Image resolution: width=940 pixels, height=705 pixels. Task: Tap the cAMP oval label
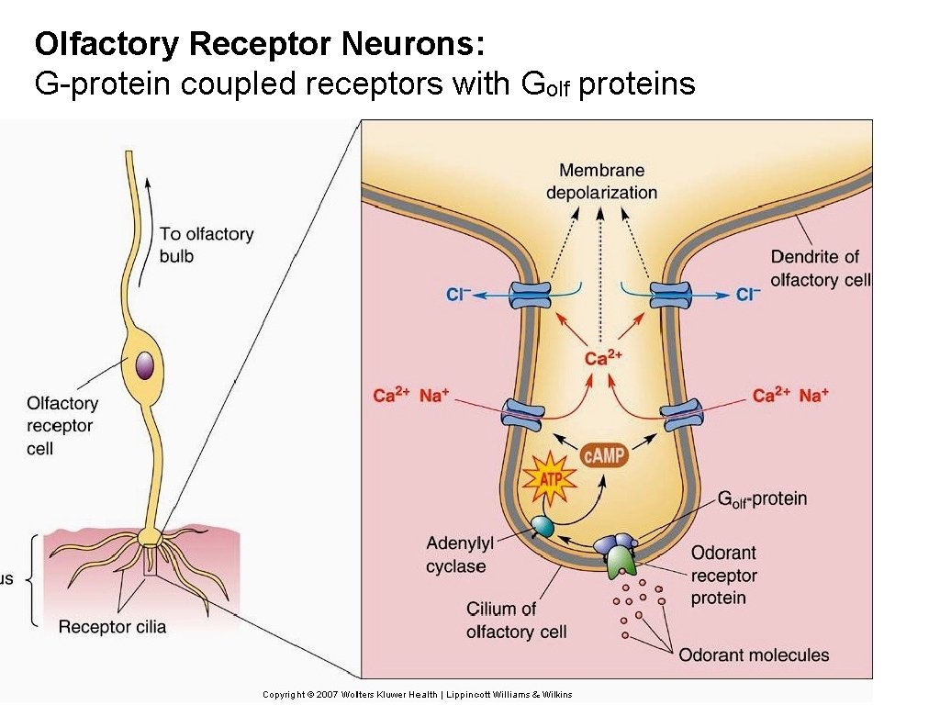(x=605, y=454)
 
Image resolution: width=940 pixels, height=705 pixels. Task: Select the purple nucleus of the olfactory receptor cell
(x=144, y=365)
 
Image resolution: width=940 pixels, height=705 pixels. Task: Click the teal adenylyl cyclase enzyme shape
(x=543, y=526)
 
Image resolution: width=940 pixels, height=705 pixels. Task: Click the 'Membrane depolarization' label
(x=601, y=181)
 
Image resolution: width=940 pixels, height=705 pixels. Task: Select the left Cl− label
(x=459, y=295)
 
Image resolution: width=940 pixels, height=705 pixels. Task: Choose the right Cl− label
(x=749, y=295)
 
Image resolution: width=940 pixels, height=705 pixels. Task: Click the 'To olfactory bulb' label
(x=206, y=245)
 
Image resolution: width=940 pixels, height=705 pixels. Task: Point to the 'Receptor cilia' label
(x=112, y=627)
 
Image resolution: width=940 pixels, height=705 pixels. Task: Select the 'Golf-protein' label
(x=761, y=499)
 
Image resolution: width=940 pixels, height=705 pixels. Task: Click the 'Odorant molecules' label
(x=754, y=655)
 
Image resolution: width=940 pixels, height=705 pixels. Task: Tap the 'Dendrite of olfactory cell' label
(x=820, y=268)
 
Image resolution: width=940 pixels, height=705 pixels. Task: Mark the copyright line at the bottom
(x=417, y=694)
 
